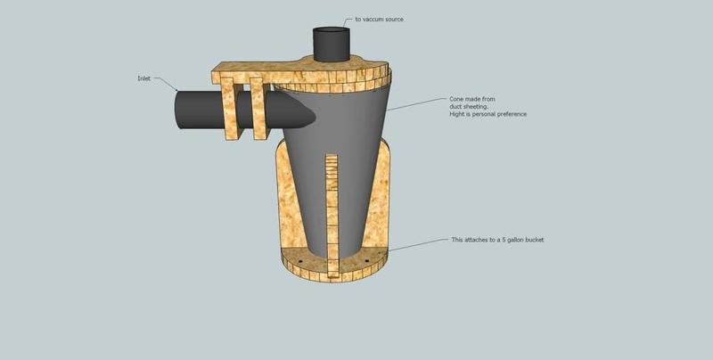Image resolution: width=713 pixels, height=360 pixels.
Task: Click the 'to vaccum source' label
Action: coord(379,20)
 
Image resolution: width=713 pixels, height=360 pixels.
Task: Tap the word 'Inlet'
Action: coord(143,78)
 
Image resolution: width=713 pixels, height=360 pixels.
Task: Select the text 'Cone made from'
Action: coord(472,99)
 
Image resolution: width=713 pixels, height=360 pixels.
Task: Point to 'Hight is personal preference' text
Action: coord(488,114)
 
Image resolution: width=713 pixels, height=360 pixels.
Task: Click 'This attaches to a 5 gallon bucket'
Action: coord(497,240)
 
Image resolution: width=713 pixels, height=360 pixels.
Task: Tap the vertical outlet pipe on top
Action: coord(332,44)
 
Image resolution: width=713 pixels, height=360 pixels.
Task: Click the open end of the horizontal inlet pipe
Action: coord(179,110)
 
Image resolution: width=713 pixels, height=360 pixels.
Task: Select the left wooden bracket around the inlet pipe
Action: coord(232,109)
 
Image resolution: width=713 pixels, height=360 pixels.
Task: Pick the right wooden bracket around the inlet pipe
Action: coord(260,108)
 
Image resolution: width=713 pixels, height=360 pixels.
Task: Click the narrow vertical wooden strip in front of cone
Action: coord(332,216)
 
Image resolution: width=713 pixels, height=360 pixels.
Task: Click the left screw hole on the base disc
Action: coord(300,261)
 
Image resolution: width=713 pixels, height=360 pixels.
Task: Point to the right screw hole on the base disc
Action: coord(367,261)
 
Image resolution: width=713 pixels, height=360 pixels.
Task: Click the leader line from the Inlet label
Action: coord(166,84)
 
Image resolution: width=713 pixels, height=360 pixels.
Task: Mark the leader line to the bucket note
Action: coord(419,244)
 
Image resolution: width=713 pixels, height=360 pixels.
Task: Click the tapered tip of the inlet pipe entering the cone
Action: coord(309,115)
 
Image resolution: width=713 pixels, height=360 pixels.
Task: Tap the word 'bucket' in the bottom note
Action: coord(535,240)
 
